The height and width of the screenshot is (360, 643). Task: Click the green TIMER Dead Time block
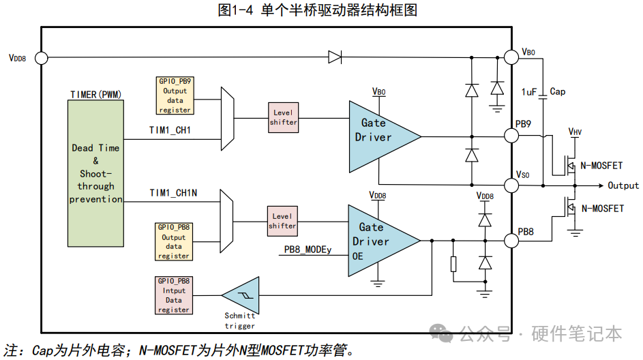click(x=95, y=173)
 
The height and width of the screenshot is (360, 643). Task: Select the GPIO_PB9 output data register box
click(x=174, y=95)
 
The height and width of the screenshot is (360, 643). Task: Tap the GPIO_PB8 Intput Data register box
click(x=174, y=295)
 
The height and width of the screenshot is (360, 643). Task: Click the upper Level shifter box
click(x=283, y=117)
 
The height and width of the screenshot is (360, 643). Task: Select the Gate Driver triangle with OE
click(x=379, y=240)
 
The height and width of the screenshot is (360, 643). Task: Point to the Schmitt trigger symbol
click(x=240, y=295)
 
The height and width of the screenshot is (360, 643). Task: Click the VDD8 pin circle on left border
click(x=41, y=58)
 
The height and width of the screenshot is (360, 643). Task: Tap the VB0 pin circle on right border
click(x=511, y=57)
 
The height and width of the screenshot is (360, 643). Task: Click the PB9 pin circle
click(x=511, y=136)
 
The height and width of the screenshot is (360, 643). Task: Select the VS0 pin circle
click(x=511, y=185)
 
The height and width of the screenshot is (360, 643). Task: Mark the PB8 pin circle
click(x=511, y=240)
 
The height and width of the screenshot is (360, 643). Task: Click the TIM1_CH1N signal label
click(x=174, y=194)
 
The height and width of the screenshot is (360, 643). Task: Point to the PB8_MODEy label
click(x=308, y=250)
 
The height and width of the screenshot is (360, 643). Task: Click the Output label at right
click(x=623, y=185)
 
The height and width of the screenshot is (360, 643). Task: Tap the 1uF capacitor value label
click(x=529, y=92)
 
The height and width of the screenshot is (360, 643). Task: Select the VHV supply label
click(x=575, y=131)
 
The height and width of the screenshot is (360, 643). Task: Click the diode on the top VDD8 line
click(x=335, y=57)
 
